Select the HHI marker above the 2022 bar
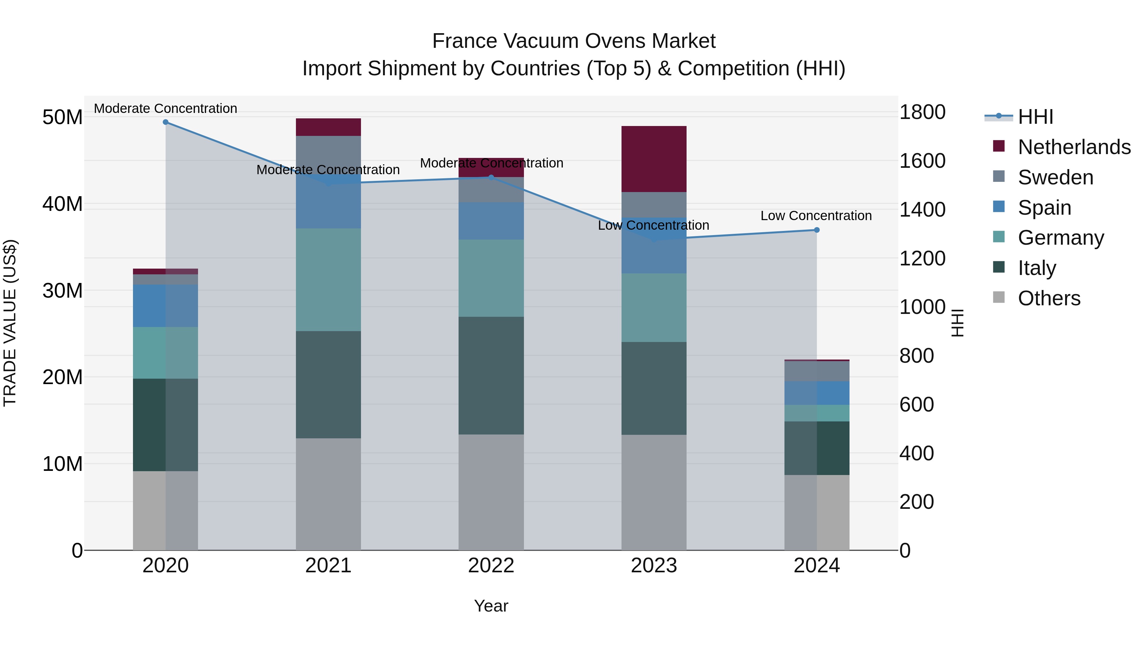[491, 177]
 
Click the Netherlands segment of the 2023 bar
[654, 159]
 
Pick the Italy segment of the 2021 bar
[328, 385]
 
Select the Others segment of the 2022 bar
[491, 492]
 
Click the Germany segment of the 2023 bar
[654, 308]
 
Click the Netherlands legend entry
[1074, 147]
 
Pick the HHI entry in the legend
[1035, 117]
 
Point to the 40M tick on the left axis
[63, 204]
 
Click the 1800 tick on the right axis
[922, 112]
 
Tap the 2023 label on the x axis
[654, 566]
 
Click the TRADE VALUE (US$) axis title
[10, 323]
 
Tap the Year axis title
[491, 606]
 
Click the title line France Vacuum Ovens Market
[574, 41]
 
